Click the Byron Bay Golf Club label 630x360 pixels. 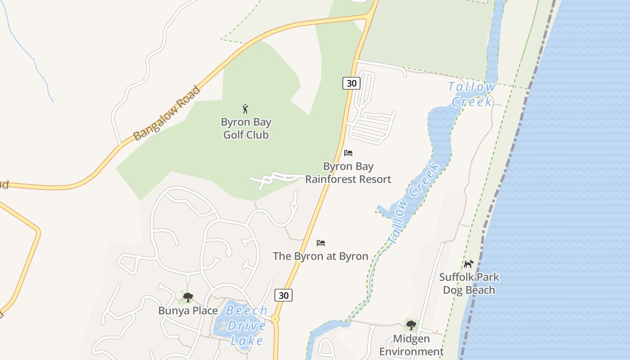click(246, 128)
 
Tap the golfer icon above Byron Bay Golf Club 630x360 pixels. click(245, 109)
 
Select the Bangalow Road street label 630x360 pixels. click(167, 113)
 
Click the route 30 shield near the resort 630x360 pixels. click(351, 83)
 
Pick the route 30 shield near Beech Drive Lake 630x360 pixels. click(283, 295)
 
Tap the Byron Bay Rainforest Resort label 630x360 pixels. click(348, 173)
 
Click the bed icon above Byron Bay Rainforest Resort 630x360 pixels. click(348, 153)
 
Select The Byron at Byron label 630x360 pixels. click(320, 256)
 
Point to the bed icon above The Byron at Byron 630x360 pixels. click(321, 243)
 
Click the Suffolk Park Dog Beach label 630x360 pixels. click(469, 283)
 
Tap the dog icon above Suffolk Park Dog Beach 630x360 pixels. click(469, 264)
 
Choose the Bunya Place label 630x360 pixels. click(188, 310)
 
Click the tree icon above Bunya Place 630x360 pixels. click(188, 297)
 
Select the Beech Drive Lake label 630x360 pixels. click(247, 325)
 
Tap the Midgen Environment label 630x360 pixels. click(411, 345)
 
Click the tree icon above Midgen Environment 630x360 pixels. click(411, 325)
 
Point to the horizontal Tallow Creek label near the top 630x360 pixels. click(472, 94)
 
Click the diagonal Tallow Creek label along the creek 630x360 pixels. click(414, 203)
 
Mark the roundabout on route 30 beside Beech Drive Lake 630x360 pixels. click(275, 319)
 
